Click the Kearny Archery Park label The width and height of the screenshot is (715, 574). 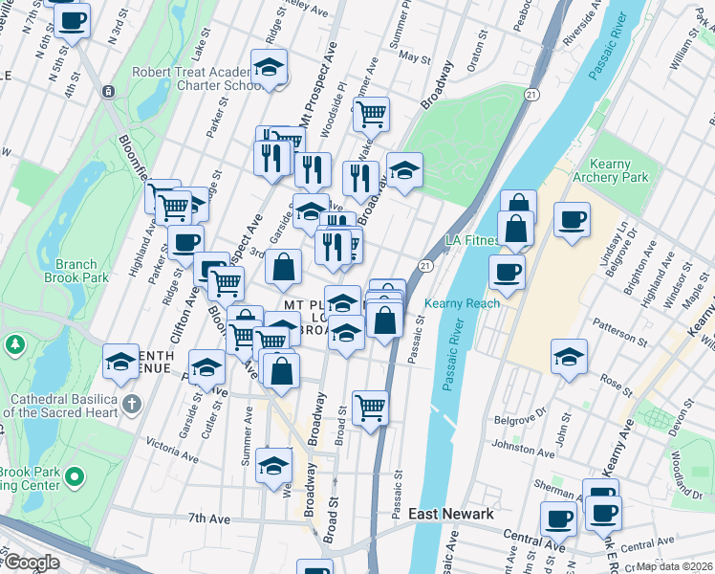click(x=610, y=171)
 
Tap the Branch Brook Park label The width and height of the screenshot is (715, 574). click(x=76, y=271)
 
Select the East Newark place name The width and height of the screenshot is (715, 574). click(x=450, y=514)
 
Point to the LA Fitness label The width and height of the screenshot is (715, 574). click(x=470, y=239)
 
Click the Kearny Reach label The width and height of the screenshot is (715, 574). click(x=469, y=303)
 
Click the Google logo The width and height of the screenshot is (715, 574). click(x=31, y=563)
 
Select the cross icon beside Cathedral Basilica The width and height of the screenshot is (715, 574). click(x=133, y=403)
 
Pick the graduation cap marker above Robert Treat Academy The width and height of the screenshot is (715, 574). click(x=269, y=67)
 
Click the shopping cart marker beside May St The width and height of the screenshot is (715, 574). click(x=370, y=113)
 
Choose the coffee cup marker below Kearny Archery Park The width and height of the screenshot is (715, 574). click(x=572, y=219)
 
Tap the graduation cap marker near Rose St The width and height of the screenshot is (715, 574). click(x=569, y=358)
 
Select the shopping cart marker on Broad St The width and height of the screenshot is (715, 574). click(x=370, y=408)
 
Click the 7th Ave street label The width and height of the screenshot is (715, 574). click(x=210, y=518)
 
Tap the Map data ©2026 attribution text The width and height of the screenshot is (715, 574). click(x=674, y=566)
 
